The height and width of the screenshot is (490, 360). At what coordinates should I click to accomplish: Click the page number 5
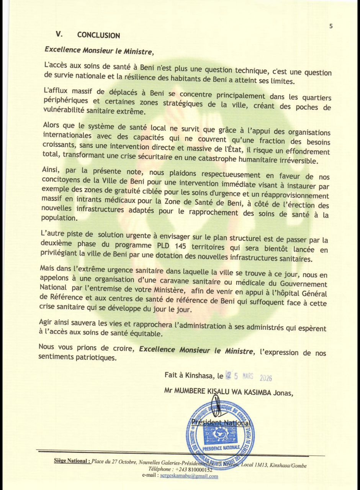coord(331,26)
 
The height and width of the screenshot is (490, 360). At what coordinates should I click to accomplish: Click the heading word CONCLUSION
coord(98,35)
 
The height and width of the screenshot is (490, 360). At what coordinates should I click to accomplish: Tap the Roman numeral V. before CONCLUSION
coord(59,34)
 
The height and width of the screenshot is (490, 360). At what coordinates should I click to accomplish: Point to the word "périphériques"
coord(66,100)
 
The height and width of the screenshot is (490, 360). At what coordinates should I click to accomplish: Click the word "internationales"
coord(67,135)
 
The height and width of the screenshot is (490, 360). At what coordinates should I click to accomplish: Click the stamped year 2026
coord(265,378)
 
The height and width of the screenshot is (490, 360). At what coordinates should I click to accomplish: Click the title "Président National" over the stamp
coord(221,423)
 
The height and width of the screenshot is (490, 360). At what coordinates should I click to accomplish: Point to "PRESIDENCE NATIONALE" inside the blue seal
coord(221,447)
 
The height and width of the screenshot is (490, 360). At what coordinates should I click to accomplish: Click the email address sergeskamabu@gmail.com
coord(189,476)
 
